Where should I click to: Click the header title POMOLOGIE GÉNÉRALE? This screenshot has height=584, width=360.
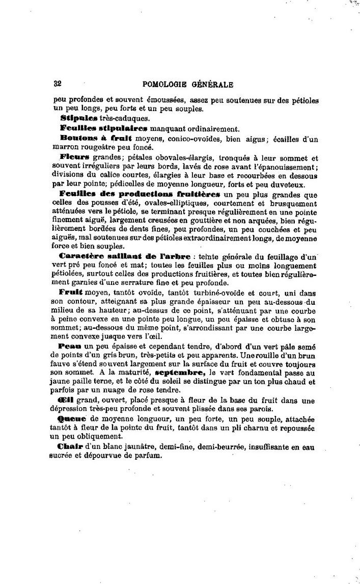[x=188, y=85]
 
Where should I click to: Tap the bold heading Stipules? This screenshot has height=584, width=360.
[x=78, y=118]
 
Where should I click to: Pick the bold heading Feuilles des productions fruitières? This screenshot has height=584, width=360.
[x=140, y=194]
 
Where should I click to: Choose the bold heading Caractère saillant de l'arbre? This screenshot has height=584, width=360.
[x=125, y=255]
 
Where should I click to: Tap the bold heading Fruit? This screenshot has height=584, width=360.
[x=71, y=293]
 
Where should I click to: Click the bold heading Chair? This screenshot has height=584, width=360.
[x=72, y=447]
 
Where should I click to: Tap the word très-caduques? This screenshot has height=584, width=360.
[x=121, y=118]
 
